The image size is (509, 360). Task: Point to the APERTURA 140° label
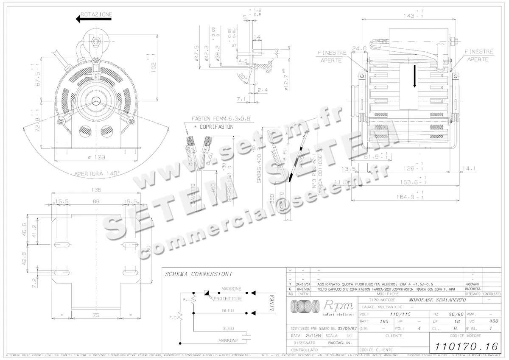coord(97,173)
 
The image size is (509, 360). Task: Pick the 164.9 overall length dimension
coord(411,197)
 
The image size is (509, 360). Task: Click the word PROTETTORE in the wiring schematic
coord(228,299)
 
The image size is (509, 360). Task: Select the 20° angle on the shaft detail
coord(242,78)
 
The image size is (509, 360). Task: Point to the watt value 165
coord(383,321)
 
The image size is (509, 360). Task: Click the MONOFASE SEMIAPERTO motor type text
coord(438,299)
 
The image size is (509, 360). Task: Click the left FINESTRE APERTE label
coord(332,56)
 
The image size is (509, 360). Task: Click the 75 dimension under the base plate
coord(97,315)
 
